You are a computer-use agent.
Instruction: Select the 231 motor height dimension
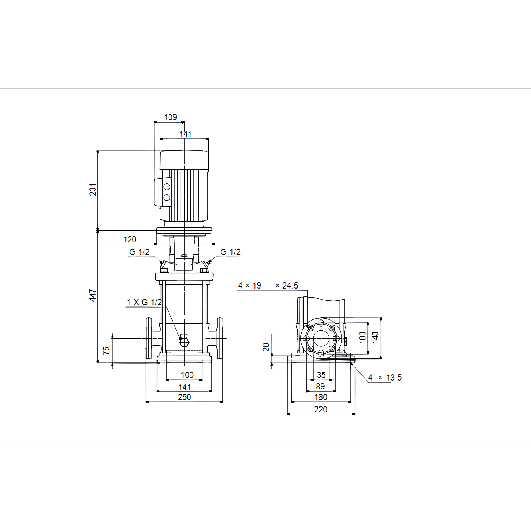(93, 189)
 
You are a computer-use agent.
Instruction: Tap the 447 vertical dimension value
(93, 295)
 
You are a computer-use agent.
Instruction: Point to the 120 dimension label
(130, 239)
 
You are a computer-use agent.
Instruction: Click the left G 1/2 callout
(139, 252)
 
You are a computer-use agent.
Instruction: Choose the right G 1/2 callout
(231, 252)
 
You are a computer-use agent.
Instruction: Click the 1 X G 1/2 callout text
(144, 302)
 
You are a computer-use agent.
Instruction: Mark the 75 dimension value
(106, 350)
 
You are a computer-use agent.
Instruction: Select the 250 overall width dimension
(184, 397)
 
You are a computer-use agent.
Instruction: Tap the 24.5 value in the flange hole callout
(290, 286)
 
